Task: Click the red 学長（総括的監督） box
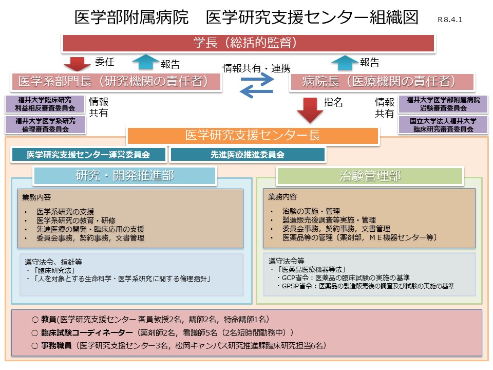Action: (x=249, y=43)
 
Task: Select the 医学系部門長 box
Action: (x=116, y=81)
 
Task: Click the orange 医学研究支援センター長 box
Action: (x=253, y=135)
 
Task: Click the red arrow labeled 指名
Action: (x=310, y=109)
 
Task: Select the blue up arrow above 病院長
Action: (x=345, y=63)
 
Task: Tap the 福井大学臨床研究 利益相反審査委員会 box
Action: (x=45, y=104)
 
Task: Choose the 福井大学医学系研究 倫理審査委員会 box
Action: (x=45, y=125)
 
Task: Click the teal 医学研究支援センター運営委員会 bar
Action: (x=89, y=154)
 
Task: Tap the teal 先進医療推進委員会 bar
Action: (x=247, y=154)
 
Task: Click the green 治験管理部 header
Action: (x=370, y=176)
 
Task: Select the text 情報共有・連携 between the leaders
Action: (x=256, y=67)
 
